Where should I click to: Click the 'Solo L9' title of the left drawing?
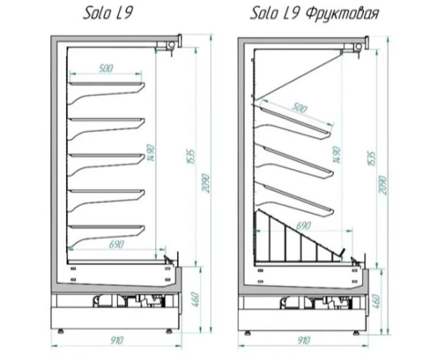[x=107, y=14]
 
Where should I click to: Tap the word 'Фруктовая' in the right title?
[x=342, y=14]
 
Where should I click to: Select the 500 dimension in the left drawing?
[x=106, y=68]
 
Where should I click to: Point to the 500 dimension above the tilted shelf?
[x=298, y=108]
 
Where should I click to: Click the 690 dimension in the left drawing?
[x=117, y=244]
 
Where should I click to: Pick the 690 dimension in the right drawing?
[x=303, y=226]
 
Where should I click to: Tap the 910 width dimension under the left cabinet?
[x=117, y=341]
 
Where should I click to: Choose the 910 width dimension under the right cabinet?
[x=304, y=341]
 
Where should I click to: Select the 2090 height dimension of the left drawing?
[x=206, y=183]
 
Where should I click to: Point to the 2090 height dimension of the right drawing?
[x=383, y=185]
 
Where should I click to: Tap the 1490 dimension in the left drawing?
[x=151, y=153]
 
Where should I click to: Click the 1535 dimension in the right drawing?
[x=371, y=158]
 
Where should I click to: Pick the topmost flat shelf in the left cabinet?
[x=107, y=84]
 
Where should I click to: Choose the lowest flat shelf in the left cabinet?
[x=107, y=227]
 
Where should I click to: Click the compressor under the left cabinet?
[x=102, y=301]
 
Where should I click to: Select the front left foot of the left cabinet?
[x=61, y=331]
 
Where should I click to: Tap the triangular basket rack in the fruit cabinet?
[x=299, y=237]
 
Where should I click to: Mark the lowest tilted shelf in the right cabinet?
[x=298, y=199]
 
